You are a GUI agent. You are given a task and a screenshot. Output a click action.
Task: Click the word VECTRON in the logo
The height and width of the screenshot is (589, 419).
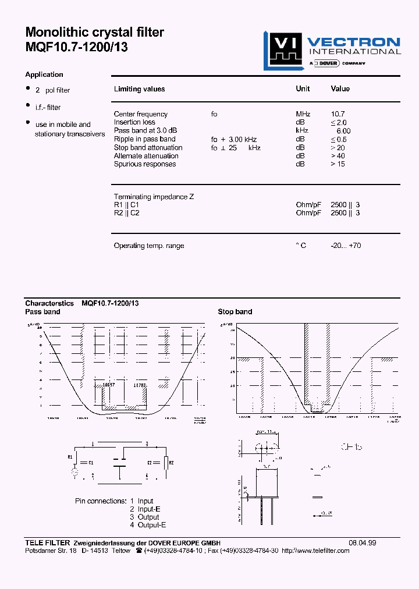(353, 42)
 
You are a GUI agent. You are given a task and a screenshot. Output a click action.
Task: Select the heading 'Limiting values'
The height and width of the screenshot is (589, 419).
(139, 89)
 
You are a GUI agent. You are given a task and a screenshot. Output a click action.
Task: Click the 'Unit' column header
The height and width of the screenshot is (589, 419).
(303, 89)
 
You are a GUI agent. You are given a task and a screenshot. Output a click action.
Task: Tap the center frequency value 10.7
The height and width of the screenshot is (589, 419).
(338, 114)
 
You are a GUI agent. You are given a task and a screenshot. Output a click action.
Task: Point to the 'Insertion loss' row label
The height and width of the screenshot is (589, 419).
(134, 122)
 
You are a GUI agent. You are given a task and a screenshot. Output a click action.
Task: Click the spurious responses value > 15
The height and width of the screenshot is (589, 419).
(338, 164)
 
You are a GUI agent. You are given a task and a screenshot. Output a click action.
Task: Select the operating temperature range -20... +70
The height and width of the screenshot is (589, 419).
(346, 246)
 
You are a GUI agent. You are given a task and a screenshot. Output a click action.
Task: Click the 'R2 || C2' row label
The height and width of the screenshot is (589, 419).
(126, 213)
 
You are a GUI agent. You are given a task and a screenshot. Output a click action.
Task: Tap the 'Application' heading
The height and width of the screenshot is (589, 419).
(44, 74)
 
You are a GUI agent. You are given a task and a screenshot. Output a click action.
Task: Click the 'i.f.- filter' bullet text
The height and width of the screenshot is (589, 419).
(48, 108)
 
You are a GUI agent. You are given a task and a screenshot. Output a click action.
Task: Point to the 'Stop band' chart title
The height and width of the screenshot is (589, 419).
(235, 312)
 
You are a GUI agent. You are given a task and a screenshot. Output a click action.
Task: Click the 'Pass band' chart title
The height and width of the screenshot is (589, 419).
(42, 312)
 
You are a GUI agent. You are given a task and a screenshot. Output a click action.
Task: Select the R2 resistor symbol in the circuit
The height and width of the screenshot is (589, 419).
(167, 463)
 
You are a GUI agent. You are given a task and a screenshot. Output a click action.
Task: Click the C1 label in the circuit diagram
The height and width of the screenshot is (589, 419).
(90, 462)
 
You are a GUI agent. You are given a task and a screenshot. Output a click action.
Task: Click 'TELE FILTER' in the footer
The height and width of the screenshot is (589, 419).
(48, 543)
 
